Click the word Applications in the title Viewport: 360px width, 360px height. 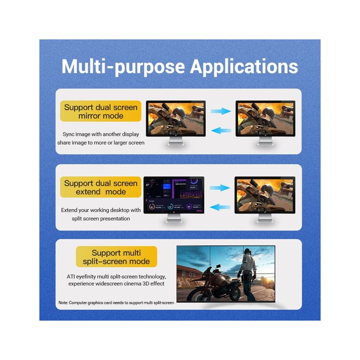point(244,67)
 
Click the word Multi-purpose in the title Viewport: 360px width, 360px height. point(123,67)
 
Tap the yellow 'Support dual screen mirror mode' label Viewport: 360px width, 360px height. point(101,111)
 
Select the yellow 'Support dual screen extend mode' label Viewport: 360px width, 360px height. point(101,187)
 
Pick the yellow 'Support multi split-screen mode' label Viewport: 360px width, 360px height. point(116,257)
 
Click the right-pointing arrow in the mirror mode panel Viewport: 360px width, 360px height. point(221,112)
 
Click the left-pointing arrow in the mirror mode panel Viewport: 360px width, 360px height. point(221,130)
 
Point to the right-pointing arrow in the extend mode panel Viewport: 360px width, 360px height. point(220,187)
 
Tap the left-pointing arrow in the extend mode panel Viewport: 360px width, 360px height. point(220,207)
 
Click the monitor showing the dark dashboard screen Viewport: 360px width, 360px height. point(174,199)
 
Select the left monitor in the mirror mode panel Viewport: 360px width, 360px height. point(176,123)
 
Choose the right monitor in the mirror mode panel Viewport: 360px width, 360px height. point(265,123)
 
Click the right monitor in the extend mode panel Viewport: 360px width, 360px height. point(265,199)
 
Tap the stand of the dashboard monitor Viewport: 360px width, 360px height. point(174,218)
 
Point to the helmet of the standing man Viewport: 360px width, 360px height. point(247,252)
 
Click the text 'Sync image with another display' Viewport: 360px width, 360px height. point(101,134)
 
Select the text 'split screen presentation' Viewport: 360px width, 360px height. point(101,218)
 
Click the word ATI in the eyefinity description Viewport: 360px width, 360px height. point(71,277)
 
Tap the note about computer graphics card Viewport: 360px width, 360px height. point(116,303)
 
